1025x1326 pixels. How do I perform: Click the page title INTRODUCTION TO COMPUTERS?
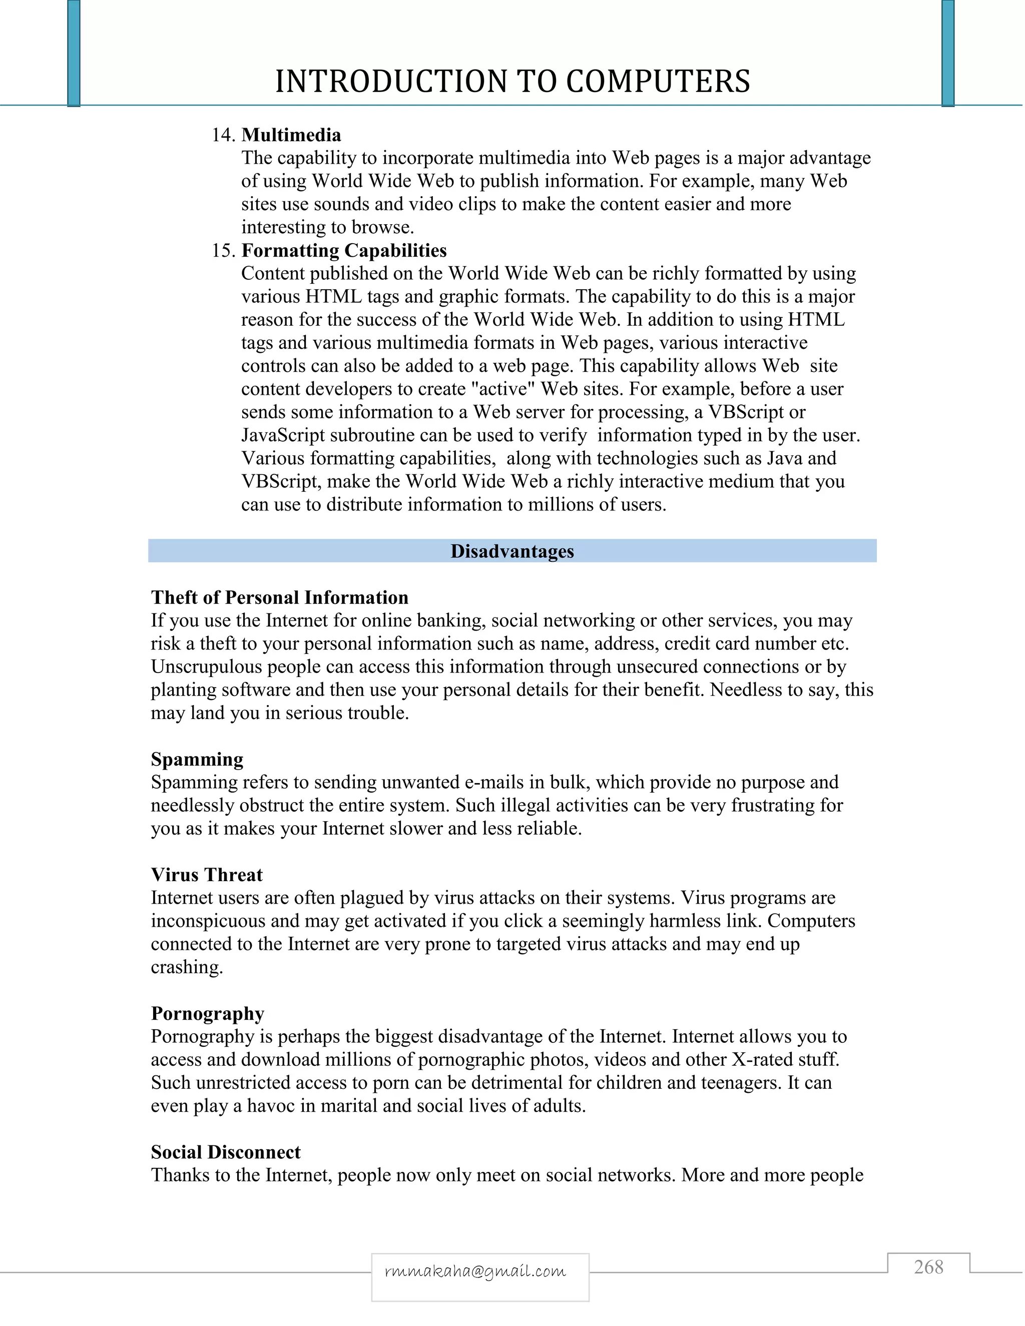[x=512, y=82]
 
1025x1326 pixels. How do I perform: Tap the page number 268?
[x=928, y=1267]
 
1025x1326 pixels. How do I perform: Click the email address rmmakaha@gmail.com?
[x=475, y=1271]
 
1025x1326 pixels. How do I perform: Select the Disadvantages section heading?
[x=512, y=551]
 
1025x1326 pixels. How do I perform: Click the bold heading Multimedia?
[x=291, y=135]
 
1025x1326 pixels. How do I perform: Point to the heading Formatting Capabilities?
[x=344, y=250]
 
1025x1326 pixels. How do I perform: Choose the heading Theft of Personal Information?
[x=279, y=597]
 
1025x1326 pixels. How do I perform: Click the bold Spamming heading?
[x=197, y=760]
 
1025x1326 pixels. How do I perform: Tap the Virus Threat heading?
[x=207, y=875]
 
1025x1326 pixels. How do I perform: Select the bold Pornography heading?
[x=208, y=1014]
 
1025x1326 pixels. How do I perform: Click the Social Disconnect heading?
[x=226, y=1152]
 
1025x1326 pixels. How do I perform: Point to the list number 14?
[x=223, y=135]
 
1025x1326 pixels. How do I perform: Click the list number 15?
[x=223, y=250]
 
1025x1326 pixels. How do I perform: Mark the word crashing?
[x=186, y=967]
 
